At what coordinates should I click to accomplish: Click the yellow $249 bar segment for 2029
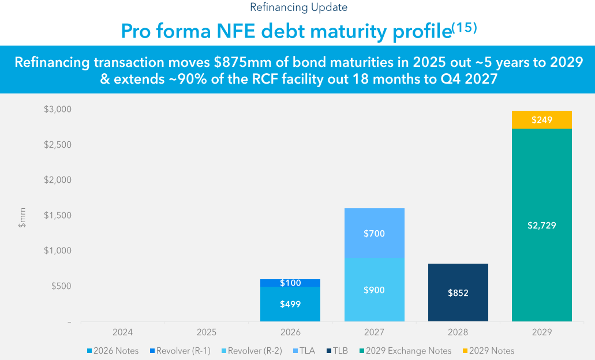tap(541, 120)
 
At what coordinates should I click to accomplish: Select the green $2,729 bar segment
tap(541, 225)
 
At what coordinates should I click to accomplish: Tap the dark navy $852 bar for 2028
tap(458, 292)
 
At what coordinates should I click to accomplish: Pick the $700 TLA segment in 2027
tap(374, 234)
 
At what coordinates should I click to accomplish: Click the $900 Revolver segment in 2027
tap(374, 290)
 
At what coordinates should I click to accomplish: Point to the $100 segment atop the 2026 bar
tap(290, 283)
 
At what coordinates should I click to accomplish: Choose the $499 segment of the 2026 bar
tap(290, 304)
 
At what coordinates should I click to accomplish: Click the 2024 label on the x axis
tap(122, 332)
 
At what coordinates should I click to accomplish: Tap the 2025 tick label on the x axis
tap(206, 332)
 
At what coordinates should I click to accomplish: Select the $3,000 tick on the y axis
tap(57, 109)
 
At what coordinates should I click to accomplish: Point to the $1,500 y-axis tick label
tap(57, 215)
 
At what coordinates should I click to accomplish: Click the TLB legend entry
tap(339, 351)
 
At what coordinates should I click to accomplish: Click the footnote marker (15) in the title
tap(464, 28)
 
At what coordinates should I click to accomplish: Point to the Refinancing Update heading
tap(298, 7)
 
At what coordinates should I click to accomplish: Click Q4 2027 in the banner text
tap(467, 80)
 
